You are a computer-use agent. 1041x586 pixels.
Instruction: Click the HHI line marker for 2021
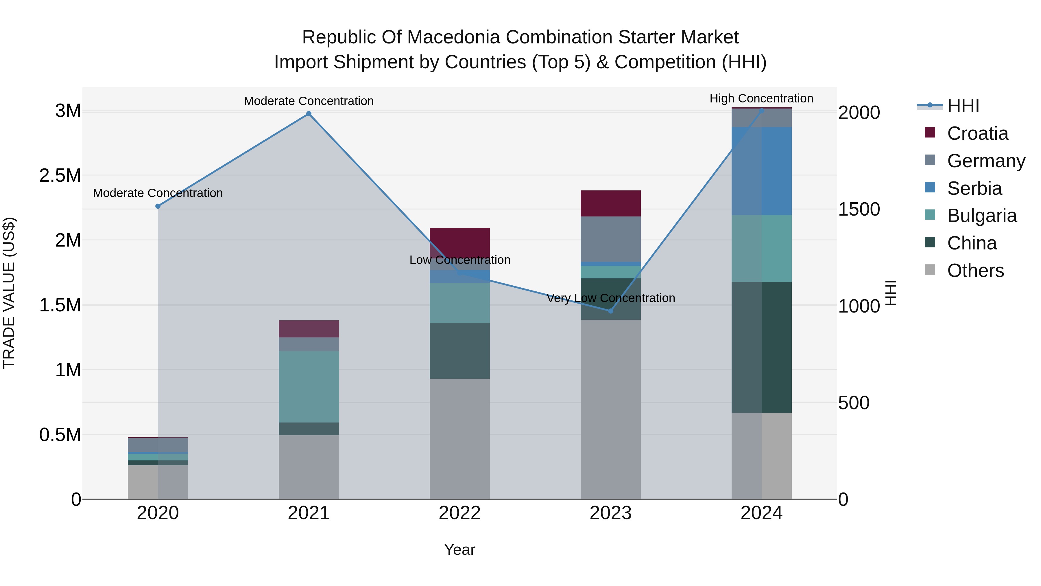click(309, 114)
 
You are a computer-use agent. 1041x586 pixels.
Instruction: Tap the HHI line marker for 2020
click(158, 206)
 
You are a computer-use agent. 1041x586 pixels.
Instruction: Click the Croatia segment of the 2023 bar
click(611, 203)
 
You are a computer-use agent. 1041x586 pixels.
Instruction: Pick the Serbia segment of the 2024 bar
click(761, 171)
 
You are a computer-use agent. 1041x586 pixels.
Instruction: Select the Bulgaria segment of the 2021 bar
click(309, 387)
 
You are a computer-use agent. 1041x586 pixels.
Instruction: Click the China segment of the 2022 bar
click(459, 351)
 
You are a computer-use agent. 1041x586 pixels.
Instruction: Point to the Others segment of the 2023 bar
click(611, 409)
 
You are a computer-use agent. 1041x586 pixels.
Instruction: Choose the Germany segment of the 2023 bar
click(611, 239)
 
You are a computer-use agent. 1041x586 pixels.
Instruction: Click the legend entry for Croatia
click(977, 133)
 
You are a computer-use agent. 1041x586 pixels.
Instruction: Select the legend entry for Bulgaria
click(981, 216)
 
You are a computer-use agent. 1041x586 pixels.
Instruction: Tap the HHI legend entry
click(963, 106)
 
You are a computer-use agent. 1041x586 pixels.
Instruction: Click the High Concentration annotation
click(761, 98)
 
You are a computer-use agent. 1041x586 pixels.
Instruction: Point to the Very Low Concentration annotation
click(611, 298)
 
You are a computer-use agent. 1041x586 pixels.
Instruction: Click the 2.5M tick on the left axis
click(60, 176)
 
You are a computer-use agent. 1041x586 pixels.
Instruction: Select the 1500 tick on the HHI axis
click(859, 209)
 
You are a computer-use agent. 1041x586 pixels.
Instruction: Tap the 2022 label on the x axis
click(459, 513)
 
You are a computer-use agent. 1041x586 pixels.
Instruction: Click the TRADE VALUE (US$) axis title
click(9, 293)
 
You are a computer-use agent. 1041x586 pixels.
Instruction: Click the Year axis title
click(459, 550)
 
